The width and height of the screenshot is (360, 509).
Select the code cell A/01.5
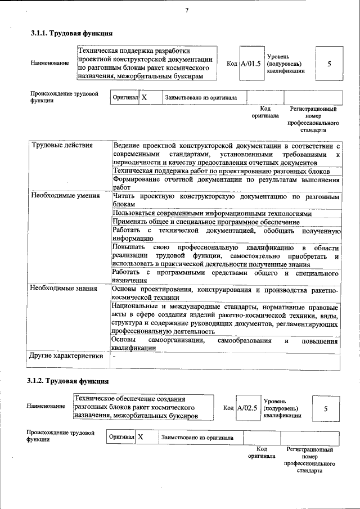[251, 64]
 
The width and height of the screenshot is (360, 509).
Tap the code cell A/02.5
[247, 408]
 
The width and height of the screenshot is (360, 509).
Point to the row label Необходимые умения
[66, 196]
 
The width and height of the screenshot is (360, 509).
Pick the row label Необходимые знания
[65, 289]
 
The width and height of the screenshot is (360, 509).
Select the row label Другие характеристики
[67, 355]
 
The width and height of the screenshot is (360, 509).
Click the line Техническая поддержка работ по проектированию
[225, 171]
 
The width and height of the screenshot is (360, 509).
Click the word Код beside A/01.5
[232, 64]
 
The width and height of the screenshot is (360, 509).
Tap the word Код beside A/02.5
[228, 408]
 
